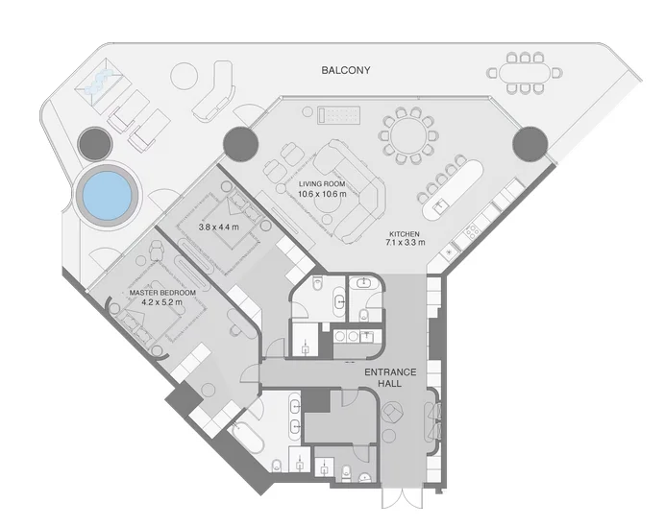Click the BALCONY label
(x=346, y=71)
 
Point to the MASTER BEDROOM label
(x=162, y=292)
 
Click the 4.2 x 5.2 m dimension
(x=162, y=304)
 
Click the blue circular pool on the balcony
(x=104, y=195)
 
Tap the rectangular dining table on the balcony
(x=525, y=72)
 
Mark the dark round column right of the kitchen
(x=529, y=144)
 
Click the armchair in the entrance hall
(x=394, y=413)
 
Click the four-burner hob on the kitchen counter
(x=472, y=231)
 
